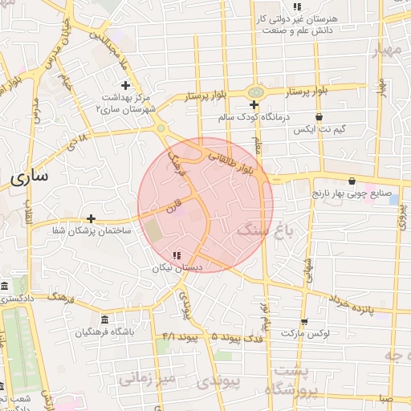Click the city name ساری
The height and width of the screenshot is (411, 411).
[31, 174]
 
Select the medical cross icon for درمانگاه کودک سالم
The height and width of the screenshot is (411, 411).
[254, 105]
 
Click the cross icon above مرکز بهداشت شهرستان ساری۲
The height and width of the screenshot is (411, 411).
[124, 85]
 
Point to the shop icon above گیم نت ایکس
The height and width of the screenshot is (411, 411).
[319, 117]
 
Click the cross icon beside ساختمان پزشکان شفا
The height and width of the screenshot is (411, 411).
[91, 218]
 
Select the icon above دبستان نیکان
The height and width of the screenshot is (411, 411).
[177, 256]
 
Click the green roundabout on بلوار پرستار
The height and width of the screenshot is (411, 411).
[254, 92]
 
